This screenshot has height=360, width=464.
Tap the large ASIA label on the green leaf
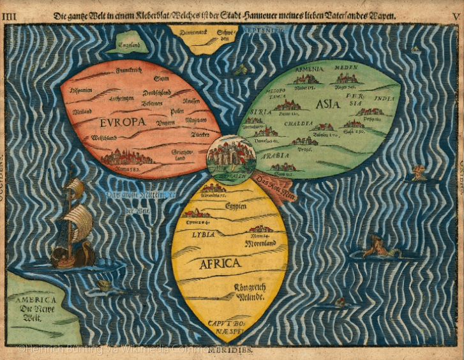click(x=327, y=104)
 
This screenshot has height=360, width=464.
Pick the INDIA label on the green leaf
click(x=384, y=98)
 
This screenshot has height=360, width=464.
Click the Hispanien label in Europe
click(x=82, y=90)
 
